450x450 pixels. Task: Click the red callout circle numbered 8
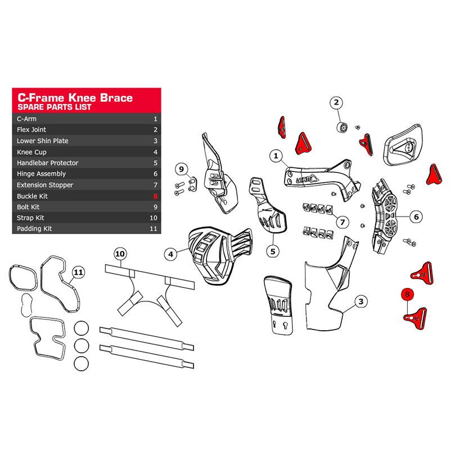click(x=407, y=294)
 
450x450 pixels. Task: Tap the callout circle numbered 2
click(x=336, y=102)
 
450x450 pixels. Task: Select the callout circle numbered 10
click(x=120, y=254)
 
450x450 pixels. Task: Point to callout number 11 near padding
click(x=78, y=272)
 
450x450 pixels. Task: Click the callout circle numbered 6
click(x=416, y=217)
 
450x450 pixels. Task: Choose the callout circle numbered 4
click(x=171, y=254)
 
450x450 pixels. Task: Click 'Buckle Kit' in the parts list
click(x=32, y=196)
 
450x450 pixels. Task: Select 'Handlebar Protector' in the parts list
click(x=47, y=163)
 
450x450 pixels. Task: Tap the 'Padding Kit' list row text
click(x=34, y=228)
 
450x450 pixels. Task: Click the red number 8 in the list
click(x=155, y=196)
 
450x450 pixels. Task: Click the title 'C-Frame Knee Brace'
click(x=75, y=97)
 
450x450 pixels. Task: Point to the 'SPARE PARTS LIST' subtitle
click(x=54, y=107)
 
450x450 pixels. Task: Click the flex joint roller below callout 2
click(x=342, y=127)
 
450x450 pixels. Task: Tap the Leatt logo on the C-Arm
click(x=307, y=179)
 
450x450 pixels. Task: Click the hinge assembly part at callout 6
click(x=384, y=216)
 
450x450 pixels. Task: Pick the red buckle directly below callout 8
click(x=415, y=318)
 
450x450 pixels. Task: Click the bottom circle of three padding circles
click(x=81, y=363)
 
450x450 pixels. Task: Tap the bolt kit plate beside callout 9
click(x=192, y=184)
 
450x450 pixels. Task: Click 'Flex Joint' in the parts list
click(x=31, y=129)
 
